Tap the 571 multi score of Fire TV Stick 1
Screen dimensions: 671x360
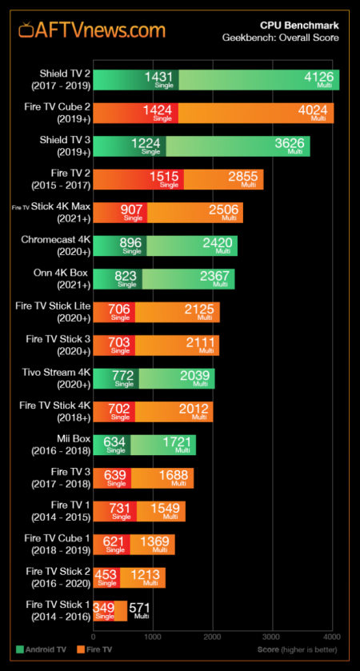[140, 609]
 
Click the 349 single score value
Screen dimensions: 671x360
[104, 609]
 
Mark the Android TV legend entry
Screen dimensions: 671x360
[42, 649]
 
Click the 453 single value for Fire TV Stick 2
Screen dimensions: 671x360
[106, 575]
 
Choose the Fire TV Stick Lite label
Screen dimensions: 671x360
[53, 311]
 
